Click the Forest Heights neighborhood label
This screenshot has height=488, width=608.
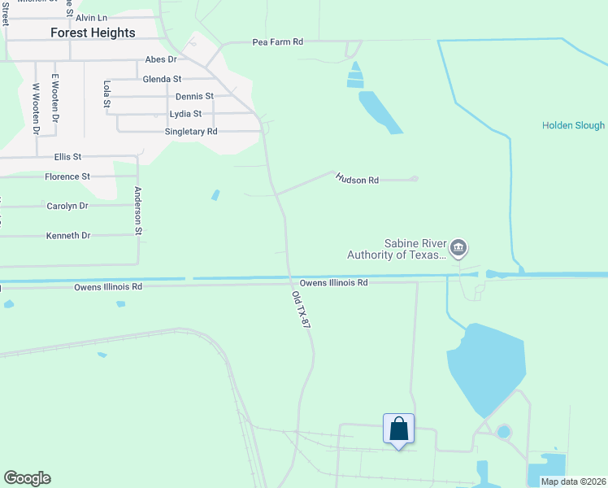pyautogui.click(x=93, y=33)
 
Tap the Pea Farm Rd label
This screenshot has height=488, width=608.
pyautogui.click(x=277, y=41)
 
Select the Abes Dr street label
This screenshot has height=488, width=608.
pyautogui.click(x=160, y=59)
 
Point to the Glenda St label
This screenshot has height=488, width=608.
pyautogui.click(x=162, y=79)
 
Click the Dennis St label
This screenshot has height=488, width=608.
pyautogui.click(x=194, y=96)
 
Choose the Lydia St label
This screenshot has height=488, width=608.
pyautogui.click(x=185, y=114)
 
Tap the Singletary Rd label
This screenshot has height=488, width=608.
pyautogui.click(x=191, y=131)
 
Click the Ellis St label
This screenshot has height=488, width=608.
pyautogui.click(x=67, y=156)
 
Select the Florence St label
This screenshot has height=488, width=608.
pyautogui.click(x=67, y=176)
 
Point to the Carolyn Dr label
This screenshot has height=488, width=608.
pyautogui.click(x=67, y=206)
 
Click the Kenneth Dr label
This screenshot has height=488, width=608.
pyautogui.click(x=68, y=235)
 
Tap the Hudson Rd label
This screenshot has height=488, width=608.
pyautogui.click(x=358, y=180)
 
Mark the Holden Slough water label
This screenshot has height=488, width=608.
pyautogui.click(x=573, y=125)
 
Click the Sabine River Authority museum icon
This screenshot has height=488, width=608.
pyautogui.click(x=458, y=246)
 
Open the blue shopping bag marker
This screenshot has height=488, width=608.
pyautogui.click(x=398, y=429)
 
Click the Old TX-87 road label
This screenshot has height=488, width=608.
pyautogui.click(x=301, y=310)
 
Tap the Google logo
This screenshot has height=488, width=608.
pyautogui.click(x=27, y=478)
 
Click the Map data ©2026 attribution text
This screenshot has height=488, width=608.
pyautogui.click(x=573, y=481)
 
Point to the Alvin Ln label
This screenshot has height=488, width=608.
pyautogui.click(x=91, y=17)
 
